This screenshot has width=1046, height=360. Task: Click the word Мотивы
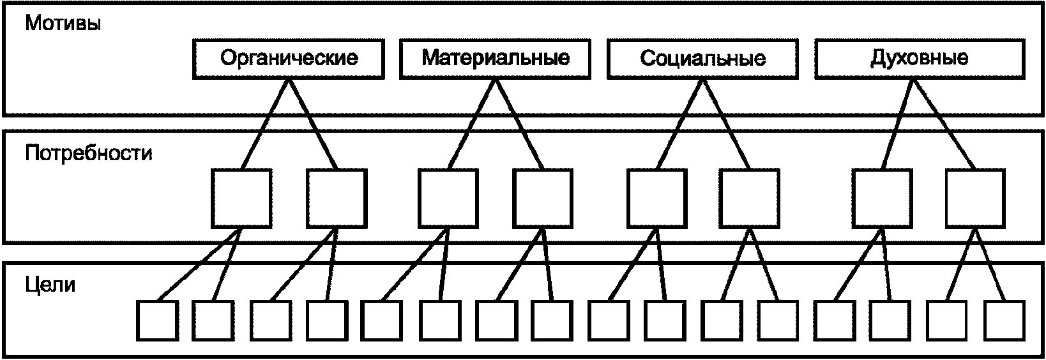(x=63, y=23)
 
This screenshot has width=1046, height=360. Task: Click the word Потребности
(x=89, y=153)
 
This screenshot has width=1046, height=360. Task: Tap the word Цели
(x=50, y=285)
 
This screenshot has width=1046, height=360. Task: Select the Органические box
(x=289, y=59)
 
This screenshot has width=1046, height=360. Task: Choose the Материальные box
(x=496, y=59)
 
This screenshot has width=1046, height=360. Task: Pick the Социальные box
(x=703, y=59)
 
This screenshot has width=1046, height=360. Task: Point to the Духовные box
(x=920, y=59)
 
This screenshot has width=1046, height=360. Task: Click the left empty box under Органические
(x=241, y=199)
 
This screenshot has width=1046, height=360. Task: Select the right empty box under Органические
(x=337, y=199)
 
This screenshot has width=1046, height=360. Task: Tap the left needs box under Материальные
(x=448, y=199)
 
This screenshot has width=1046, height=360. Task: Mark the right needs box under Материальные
(x=543, y=199)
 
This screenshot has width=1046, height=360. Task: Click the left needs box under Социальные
(x=656, y=199)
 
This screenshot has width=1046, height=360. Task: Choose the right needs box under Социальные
(x=750, y=199)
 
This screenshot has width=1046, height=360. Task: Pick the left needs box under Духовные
(x=882, y=199)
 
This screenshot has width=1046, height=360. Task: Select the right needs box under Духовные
(x=976, y=199)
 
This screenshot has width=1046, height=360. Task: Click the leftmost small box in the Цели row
(x=157, y=320)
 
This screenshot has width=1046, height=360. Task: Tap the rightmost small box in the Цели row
(x=1004, y=320)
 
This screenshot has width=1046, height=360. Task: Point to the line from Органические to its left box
(x=265, y=124)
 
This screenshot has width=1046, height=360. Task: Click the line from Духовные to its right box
(x=944, y=124)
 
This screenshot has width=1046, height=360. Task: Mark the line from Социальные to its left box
(x=679, y=124)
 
